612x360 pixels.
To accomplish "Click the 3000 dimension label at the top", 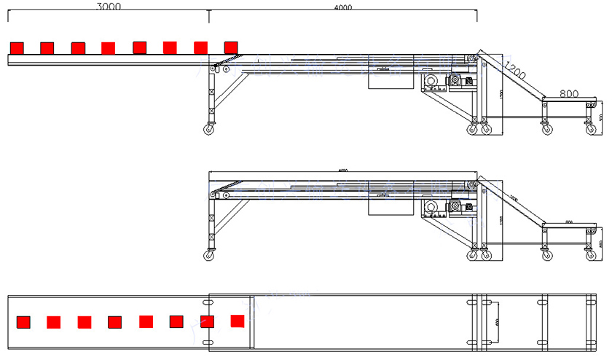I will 109,7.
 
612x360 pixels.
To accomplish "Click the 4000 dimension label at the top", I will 343,8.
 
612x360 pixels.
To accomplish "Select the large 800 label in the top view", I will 569,94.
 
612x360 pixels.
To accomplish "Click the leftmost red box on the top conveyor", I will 17,47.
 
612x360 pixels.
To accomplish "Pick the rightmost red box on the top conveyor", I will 231,47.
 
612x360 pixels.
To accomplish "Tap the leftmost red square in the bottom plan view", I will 23,321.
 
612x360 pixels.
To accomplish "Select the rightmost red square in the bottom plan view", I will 237,320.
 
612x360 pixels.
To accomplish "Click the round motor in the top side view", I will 430,82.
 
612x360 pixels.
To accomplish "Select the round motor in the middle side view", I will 430,208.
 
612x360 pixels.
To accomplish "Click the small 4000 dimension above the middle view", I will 342,171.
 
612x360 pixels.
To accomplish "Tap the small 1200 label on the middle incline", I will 514,198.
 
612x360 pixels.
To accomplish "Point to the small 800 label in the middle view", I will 568,220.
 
